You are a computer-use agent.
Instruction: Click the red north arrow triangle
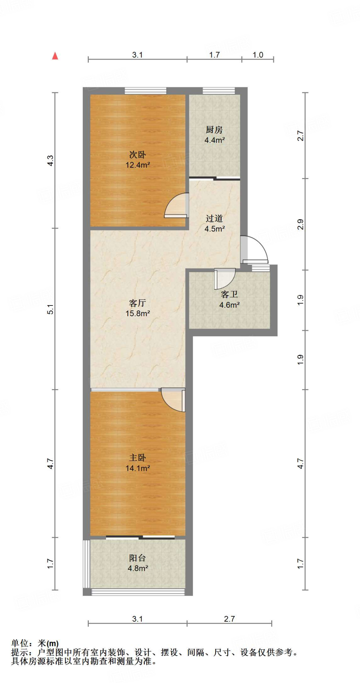coord(55,56)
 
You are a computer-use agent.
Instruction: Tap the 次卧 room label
coord(137,155)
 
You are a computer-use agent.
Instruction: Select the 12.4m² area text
coord(137,165)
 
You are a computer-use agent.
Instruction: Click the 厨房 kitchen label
coord(214,130)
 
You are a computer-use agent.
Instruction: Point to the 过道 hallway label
coord(214,218)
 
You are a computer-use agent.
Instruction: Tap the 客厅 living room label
coord(137,303)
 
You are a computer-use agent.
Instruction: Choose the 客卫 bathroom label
coord(229,294)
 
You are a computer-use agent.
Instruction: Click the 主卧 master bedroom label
coord(137,458)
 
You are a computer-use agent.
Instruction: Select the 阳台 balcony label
coord(137,558)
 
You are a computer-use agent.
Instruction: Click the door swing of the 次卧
coord(177,206)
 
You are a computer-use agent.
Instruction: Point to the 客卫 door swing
coord(224,278)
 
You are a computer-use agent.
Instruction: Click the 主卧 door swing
coord(173,400)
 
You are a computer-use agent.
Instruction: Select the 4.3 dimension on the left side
coord(50,161)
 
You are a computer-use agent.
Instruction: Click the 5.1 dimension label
coord(50,309)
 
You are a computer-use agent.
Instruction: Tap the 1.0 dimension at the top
coord(258,55)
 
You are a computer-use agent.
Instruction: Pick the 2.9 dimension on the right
coord(300,224)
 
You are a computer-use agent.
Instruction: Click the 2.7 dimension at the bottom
coord(229,619)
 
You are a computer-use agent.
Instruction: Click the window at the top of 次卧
coord(145,91)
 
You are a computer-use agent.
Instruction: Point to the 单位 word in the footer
coord(20,643)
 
